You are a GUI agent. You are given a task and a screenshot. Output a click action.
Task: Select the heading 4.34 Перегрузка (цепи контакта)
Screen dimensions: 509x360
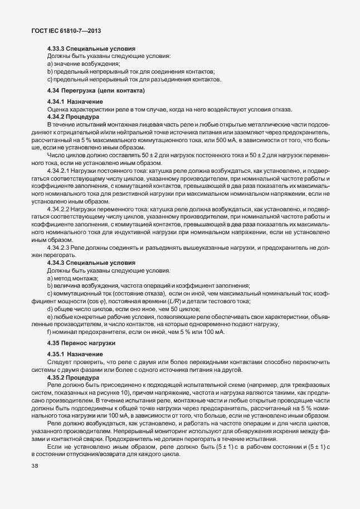96,90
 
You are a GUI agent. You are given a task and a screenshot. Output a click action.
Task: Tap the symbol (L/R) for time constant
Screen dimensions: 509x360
206,300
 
